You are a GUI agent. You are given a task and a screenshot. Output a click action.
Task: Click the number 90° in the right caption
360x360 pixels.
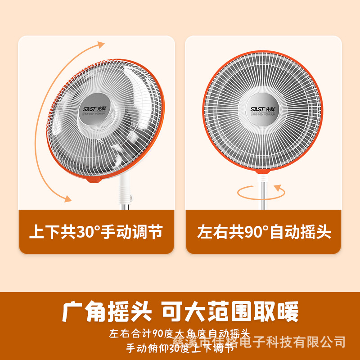pos(256,232)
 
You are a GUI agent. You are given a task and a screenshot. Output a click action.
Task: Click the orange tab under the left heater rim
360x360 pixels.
pos(94,179)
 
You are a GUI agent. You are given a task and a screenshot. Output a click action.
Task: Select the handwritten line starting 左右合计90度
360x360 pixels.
pos(179,334)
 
